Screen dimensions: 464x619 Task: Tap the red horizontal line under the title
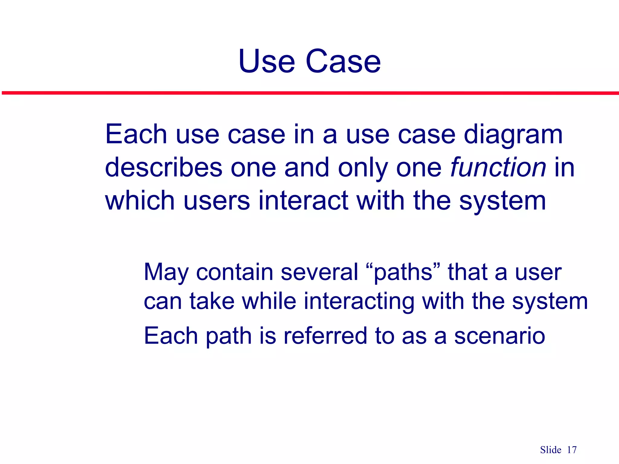(309, 93)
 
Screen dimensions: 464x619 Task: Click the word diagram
(513, 135)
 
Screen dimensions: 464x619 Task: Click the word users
(216, 201)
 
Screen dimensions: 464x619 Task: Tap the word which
(140, 201)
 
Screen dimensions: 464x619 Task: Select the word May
(166, 272)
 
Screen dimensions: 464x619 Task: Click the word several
(319, 272)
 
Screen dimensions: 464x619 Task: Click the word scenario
(500, 336)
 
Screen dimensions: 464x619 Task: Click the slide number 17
(572, 450)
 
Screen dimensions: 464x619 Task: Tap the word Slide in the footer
(550, 450)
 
